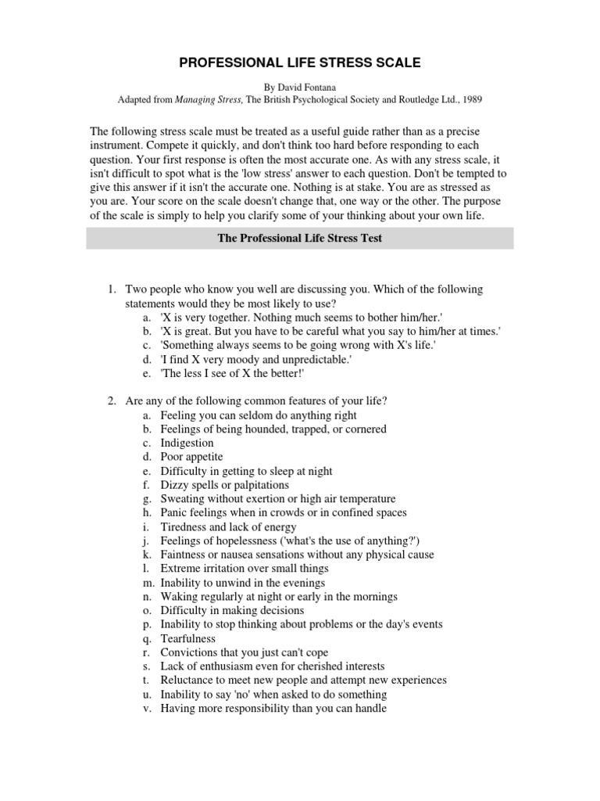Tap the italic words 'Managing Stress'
coord(209,99)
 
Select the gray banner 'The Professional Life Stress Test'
coord(299,239)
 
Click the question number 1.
coord(112,289)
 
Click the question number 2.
coord(112,401)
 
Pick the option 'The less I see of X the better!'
coord(233,374)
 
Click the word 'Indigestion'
coord(187,444)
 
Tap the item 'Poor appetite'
coord(191,457)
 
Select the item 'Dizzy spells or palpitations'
coord(225,485)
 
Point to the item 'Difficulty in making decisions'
coord(232,610)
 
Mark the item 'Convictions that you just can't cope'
coord(245,652)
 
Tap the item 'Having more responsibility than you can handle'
coord(273,708)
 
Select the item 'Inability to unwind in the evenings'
coord(243,583)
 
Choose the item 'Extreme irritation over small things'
coord(245,569)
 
